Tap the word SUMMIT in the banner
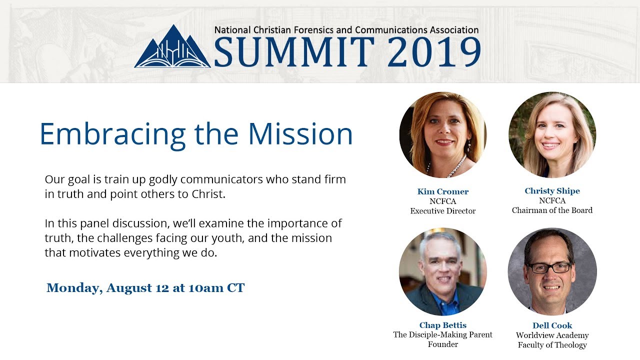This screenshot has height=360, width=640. pyautogui.click(x=294, y=51)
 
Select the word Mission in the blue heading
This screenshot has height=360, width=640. pyautogui.click(x=300, y=133)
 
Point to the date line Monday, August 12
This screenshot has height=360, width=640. pyautogui.click(x=145, y=288)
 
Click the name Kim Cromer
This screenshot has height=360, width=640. pyautogui.click(x=443, y=191)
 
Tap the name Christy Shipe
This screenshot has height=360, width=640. pyautogui.click(x=552, y=191)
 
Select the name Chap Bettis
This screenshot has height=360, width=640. pyautogui.click(x=443, y=325)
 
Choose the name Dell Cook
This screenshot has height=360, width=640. pyautogui.click(x=552, y=325)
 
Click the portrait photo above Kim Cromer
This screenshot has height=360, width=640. pyautogui.click(x=443, y=135)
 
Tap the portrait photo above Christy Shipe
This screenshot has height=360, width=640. pyautogui.click(x=552, y=135)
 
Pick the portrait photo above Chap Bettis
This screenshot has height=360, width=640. pyautogui.click(x=443, y=271)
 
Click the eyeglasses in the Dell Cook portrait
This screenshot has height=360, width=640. pyautogui.click(x=550, y=268)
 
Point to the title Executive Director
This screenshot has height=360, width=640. pyautogui.click(x=443, y=211)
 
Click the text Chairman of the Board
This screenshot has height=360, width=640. pyautogui.click(x=552, y=210)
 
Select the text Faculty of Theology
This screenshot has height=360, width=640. pyautogui.click(x=552, y=345)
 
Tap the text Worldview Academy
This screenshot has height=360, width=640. pyautogui.click(x=552, y=335)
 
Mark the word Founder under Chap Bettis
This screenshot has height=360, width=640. pyautogui.click(x=443, y=344)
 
